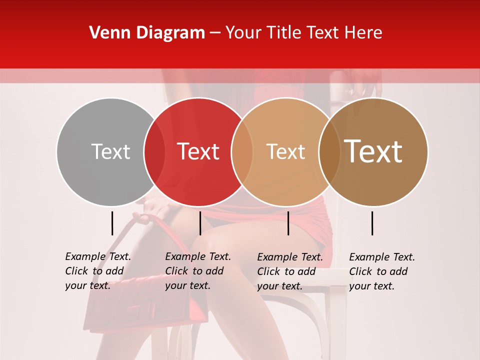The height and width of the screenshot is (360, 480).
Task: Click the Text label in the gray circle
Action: (110, 151)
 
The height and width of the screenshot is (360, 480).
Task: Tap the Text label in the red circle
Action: (198, 151)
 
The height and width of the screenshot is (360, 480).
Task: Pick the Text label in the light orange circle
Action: (285, 151)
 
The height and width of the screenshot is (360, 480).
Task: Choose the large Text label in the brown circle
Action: (373, 151)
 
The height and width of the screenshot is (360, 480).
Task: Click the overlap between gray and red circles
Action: (154, 151)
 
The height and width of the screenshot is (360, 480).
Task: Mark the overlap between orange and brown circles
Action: (329, 151)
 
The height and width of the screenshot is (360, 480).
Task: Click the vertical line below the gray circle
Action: (112, 223)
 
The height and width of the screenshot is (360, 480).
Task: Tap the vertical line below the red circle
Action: (200, 223)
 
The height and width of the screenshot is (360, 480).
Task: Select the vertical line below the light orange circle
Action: (288, 223)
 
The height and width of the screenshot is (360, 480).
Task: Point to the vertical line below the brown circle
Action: (372, 223)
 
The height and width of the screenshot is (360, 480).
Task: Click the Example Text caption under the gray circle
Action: (97, 271)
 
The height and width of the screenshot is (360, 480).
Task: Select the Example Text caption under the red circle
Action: (197, 271)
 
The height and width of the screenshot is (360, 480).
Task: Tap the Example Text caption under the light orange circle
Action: (289, 271)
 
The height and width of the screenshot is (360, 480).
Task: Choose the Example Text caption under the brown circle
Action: (381, 271)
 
